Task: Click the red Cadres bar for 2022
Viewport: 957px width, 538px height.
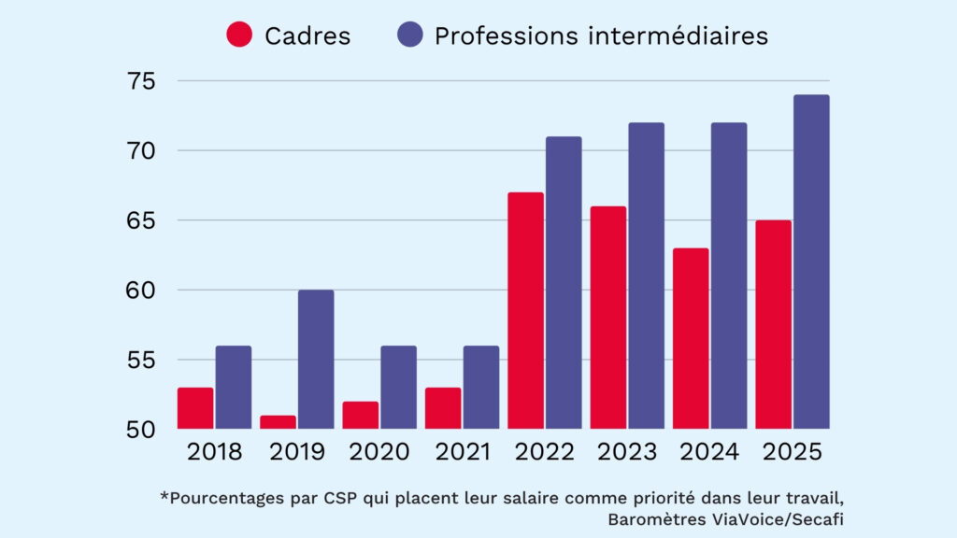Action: point(525,311)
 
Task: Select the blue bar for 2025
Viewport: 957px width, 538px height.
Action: point(811,262)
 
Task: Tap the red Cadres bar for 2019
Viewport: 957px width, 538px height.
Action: point(278,422)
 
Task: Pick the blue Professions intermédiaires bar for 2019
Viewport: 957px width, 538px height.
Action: point(316,360)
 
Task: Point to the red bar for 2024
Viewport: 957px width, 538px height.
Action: point(691,339)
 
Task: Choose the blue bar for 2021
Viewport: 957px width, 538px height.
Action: point(481,388)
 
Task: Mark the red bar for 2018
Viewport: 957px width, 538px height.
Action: point(195,408)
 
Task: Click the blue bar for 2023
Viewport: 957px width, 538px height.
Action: point(646,276)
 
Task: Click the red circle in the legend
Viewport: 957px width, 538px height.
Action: point(239,35)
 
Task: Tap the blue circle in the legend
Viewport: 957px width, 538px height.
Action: point(409,35)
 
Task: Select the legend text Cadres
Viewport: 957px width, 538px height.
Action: point(307,36)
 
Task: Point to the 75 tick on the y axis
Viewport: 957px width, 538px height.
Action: point(146,81)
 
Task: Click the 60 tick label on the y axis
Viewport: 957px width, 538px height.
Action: point(146,290)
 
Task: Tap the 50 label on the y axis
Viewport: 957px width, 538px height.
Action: point(146,430)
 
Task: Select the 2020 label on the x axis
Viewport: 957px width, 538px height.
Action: point(379,453)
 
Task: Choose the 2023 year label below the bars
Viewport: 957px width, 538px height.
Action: point(627,453)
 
